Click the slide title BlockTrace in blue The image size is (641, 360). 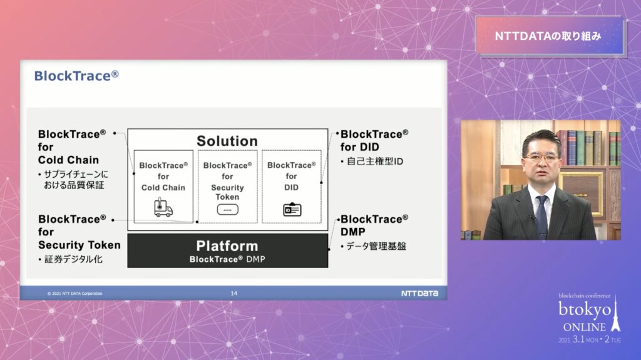click(x=76, y=76)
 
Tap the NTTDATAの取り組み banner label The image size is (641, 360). click(x=548, y=36)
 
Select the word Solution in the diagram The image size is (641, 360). click(x=227, y=141)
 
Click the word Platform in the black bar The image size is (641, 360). click(x=227, y=246)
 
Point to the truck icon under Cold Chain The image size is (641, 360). click(x=163, y=207)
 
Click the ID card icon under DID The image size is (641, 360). click(x=292, y=210)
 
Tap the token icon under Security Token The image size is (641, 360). click(x=227, y=210)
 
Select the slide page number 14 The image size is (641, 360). click(x=234, y=293)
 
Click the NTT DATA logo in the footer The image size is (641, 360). click(x=419, y=293)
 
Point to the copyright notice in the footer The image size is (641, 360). click(x=75, y=293)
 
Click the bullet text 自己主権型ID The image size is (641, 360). click(x=374, y=162)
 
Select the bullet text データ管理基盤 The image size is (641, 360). click(x=376, y=246)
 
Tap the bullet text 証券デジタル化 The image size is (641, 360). click(x=73, y=259)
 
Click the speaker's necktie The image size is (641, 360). click(x=541, y=217)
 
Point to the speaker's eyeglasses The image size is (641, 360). click(x=541, y=157)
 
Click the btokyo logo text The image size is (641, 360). click(x=585, y=310)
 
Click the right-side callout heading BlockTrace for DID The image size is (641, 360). click(x=374, y=140)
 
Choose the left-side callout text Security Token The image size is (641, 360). click(x=79, y=245)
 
